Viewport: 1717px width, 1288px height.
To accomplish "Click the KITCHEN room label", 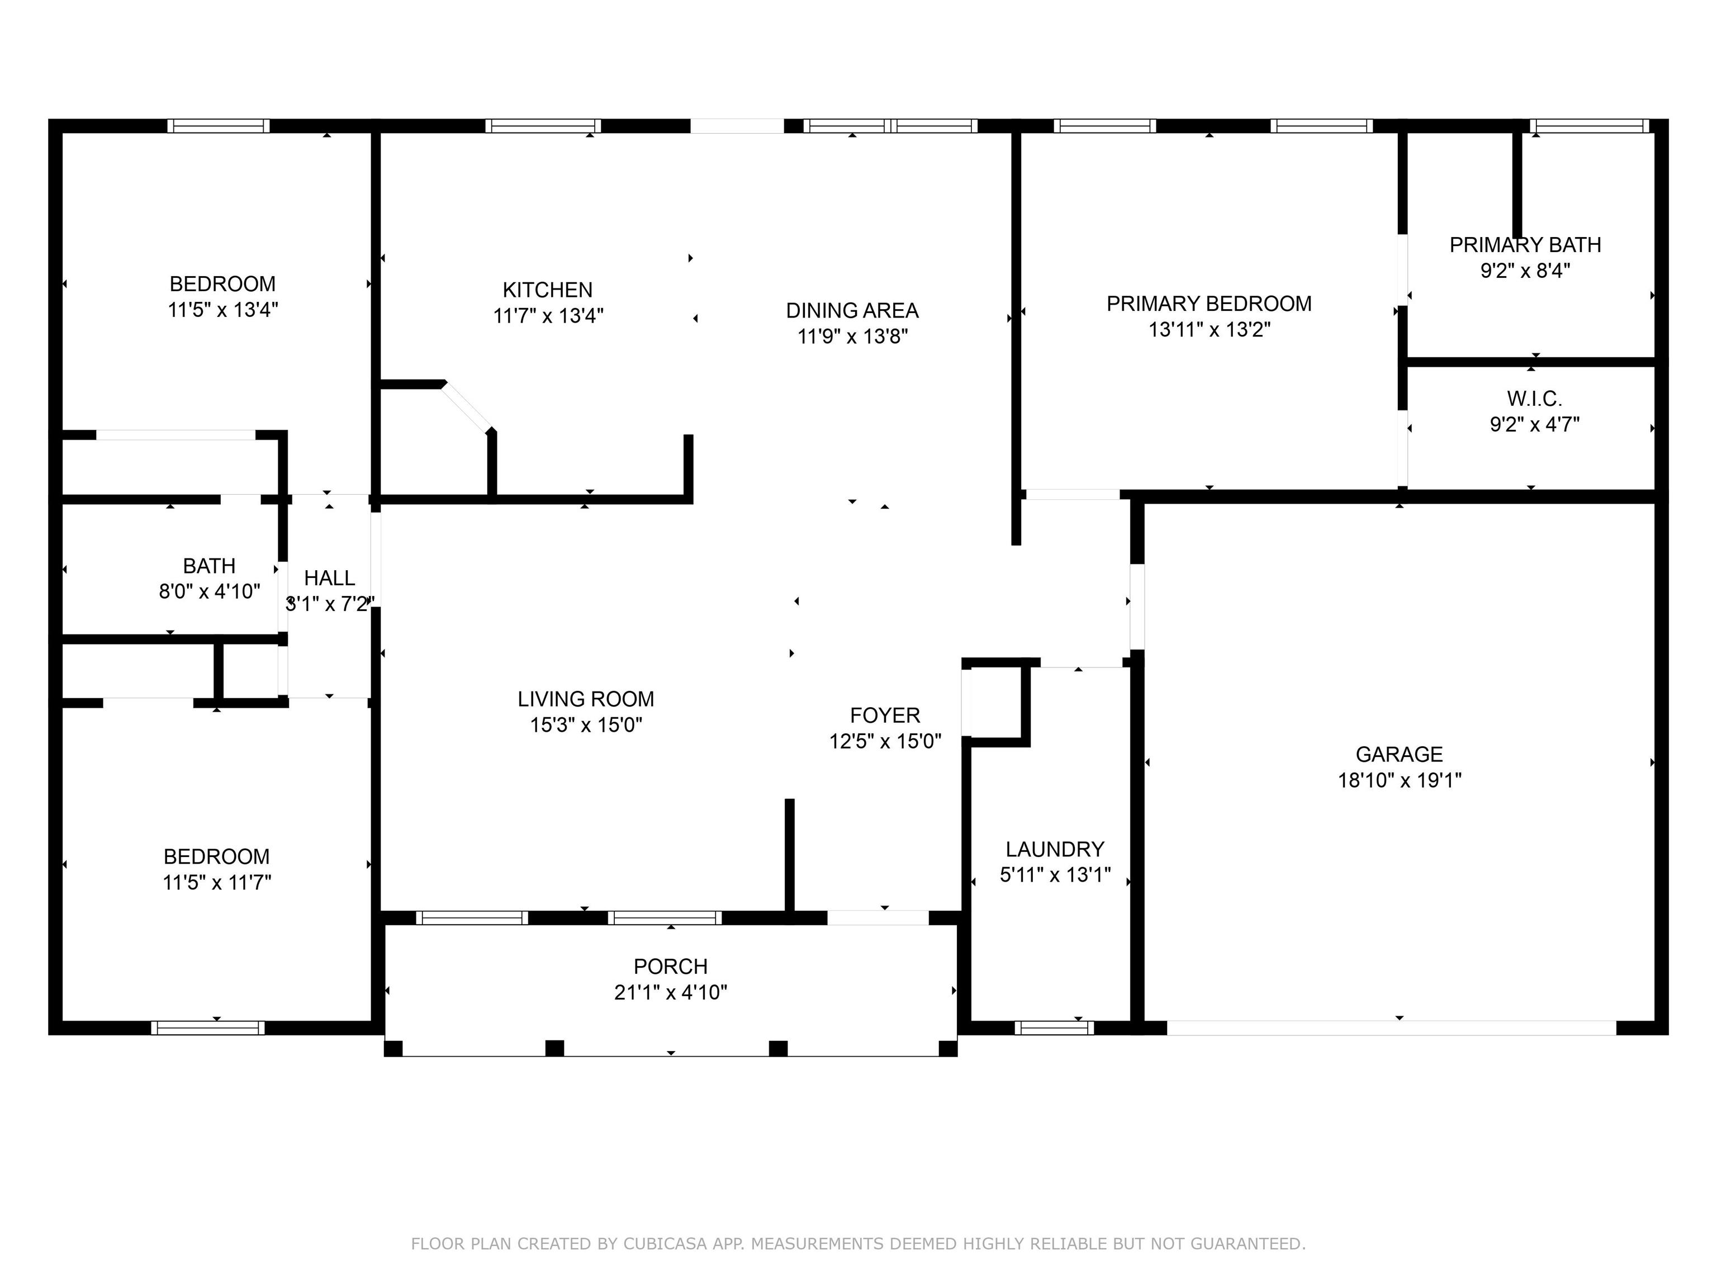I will point(547,290).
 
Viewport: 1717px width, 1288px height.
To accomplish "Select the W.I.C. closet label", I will point(1534,399).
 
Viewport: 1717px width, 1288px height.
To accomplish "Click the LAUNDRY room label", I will point(1054,849).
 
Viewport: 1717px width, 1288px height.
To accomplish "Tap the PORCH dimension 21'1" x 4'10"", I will point(670,992).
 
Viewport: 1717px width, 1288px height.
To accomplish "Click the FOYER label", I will point(884,715).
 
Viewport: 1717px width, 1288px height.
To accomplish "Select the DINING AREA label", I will point(852,311).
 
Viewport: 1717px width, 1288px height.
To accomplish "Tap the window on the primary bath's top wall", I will point(1589,126).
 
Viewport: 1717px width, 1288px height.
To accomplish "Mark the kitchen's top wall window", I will point(543,126).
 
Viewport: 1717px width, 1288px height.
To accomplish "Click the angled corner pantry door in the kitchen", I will point(467,408).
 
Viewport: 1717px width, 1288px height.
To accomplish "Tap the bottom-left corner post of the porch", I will point(393,1049).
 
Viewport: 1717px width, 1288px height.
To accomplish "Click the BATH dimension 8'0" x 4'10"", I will point(209,591).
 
